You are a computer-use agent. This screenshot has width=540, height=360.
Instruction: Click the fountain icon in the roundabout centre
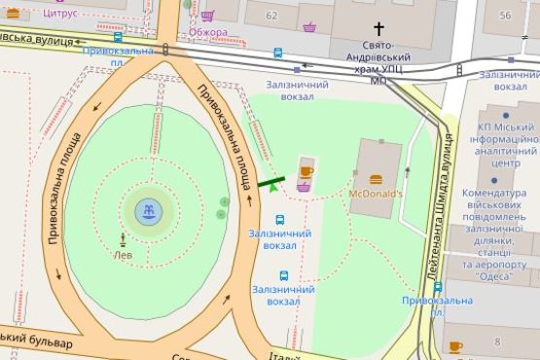[x=148, y=209]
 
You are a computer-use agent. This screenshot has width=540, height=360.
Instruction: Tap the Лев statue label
[x=123, y=255]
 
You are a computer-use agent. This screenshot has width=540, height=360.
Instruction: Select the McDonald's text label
[x=375, y=194]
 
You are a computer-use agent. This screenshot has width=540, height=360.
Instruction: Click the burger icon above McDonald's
[x=376, y=178]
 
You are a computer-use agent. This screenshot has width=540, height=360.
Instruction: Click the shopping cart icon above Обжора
[x=207, y=16]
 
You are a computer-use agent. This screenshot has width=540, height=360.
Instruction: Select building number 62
[x=271, y=16]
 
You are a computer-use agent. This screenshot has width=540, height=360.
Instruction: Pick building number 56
[x=505, y=16]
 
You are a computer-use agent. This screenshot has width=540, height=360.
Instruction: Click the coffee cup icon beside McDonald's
[x=306, y=171]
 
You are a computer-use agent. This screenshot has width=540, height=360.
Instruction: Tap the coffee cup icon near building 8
[x=453, y=346]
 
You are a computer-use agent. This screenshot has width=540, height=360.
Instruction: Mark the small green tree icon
[x=271, y=185]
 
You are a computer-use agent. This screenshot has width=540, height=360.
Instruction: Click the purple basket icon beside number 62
[x=308, y=26]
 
